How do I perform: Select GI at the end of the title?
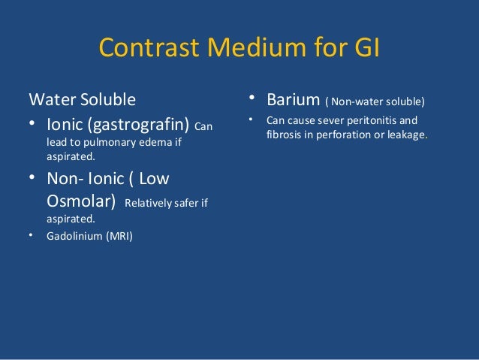[363, 48]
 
